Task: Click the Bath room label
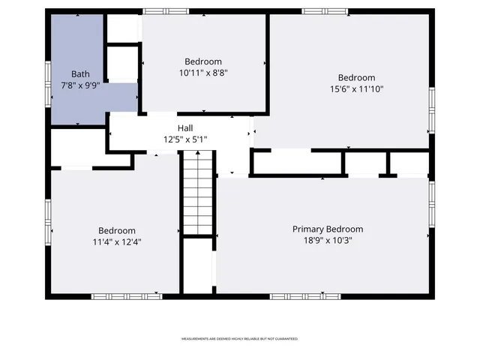80,73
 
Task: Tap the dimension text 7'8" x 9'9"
80,85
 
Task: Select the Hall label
185,128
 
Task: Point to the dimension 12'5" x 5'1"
185,139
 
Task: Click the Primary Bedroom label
328,229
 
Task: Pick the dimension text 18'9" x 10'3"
328,241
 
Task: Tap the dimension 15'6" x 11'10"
356,89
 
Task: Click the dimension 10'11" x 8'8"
203,73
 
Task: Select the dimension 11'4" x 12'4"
117,242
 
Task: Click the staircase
198,192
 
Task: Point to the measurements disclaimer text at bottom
240,339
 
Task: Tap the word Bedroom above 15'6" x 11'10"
356,78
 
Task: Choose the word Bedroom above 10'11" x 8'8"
203,61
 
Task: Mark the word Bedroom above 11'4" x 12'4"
117,230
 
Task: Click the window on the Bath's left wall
48,79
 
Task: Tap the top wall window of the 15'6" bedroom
325,11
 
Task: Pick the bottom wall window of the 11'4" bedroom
116,296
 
